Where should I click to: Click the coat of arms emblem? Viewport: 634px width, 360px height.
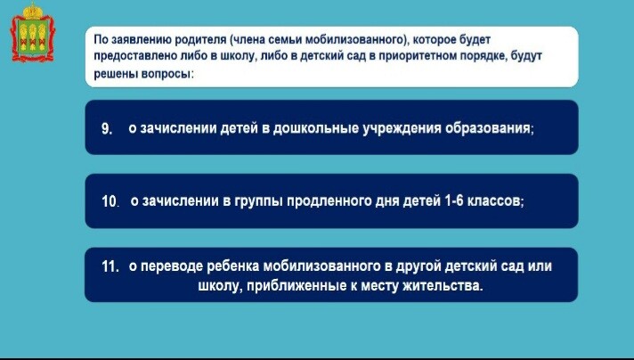point(32,32)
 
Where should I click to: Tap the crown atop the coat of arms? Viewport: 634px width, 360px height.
point(33,10)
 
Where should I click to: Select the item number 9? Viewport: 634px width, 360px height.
point(106,129)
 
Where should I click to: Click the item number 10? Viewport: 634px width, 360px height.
point(110,201)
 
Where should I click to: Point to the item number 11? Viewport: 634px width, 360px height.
point(110,266)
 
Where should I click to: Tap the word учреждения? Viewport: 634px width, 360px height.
point(401,128)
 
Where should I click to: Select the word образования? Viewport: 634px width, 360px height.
point(489,128)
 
